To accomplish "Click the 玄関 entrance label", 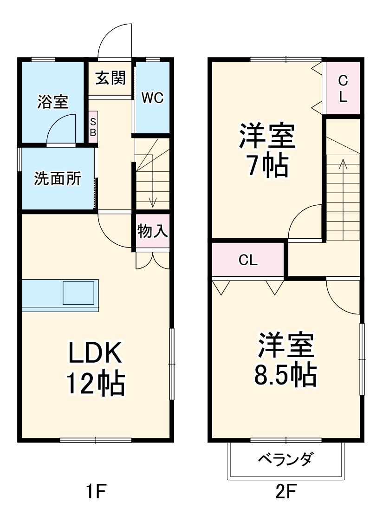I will pos(110,78).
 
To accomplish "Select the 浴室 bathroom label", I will pos(53,102).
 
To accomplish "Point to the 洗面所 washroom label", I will pos(58,178).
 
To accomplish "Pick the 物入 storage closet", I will pos(152,231).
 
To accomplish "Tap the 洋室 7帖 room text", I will pos(266,151).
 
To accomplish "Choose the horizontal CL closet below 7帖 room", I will pos(248,261).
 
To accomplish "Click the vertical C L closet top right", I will pos(343,88).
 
